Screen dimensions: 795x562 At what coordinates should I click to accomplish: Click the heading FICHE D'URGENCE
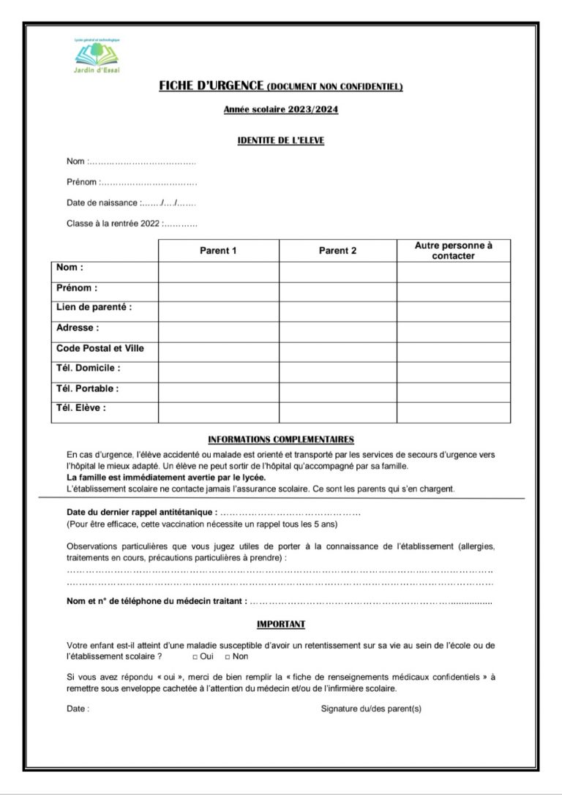[x=211, y=87]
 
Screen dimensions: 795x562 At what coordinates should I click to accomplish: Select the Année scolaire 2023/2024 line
[x=281, y=110]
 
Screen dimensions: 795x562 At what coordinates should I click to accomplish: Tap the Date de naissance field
[x=168, y=203]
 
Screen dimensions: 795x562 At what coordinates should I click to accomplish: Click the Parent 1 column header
[x=218, y=251]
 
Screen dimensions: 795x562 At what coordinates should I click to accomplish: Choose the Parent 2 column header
[x=337, y=251]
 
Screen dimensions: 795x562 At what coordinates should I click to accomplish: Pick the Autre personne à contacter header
[x=453, y=251]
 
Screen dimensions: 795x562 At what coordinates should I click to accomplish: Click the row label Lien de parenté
[x=94, y=308]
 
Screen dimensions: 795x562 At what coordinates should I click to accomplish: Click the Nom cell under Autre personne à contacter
[x=453, y=271]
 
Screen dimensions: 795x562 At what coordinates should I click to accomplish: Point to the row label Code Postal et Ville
[x=100, y=349]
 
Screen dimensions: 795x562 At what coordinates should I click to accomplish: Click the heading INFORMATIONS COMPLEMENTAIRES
[x=281, y=440]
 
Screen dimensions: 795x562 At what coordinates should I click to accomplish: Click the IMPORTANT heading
[x=281, y=625]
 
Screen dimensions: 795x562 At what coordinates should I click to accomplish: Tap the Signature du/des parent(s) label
[x=371, y=709]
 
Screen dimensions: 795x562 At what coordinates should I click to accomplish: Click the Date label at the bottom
[x=78, y=709]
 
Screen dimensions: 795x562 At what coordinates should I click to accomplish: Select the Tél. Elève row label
[x=80, y=408]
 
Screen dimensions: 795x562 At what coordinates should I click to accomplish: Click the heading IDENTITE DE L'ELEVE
[x=281, y=140]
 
